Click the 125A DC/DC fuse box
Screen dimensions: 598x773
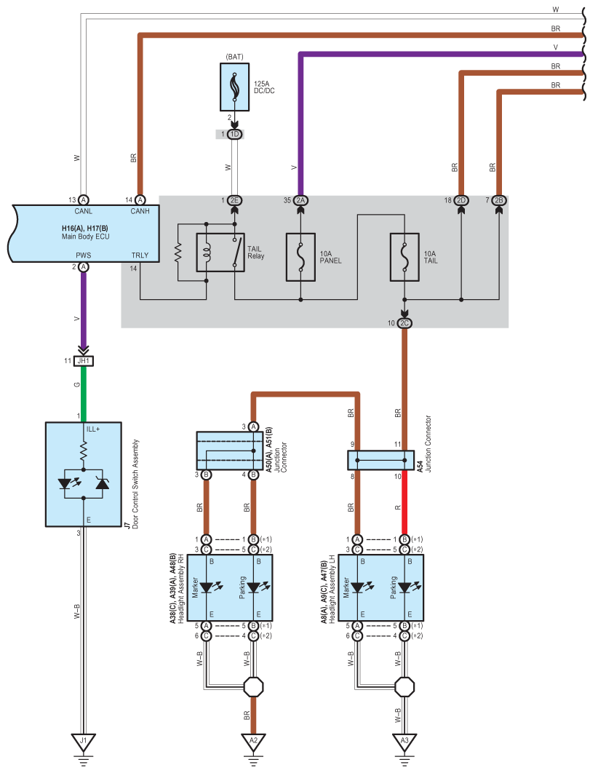coord(234,87)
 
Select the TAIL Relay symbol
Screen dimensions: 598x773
coord(220,253)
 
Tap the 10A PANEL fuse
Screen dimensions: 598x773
coord(300,257)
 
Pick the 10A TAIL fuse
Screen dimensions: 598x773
coord(404,257)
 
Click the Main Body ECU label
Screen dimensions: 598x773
coord(86,237)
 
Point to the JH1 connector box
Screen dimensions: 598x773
coord(84,361)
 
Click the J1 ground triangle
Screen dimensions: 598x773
coord(83,742)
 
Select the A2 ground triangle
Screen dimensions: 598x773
coord(253,742)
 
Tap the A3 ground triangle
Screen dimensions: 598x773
coord(404,742)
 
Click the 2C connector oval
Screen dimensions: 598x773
coord(404,323)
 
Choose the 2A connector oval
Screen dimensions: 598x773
coord(300,200)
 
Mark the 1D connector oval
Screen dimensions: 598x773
coord(234,134)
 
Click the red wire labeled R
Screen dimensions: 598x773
coord(404,502)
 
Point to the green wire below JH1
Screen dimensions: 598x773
coord(84,394)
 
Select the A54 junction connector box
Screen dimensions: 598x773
coord(380,461)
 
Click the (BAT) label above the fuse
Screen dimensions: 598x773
coord(234,57)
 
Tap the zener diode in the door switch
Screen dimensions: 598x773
coord(103,483)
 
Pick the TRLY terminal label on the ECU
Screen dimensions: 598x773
coord(140,255)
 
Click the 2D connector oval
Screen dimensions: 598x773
coord(461,200)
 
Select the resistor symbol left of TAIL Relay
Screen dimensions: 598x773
coord(178,253)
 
